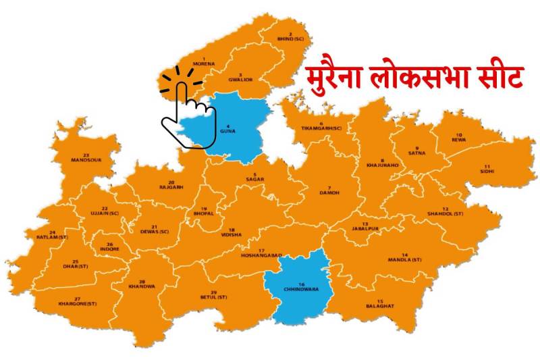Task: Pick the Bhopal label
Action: (204, 211)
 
